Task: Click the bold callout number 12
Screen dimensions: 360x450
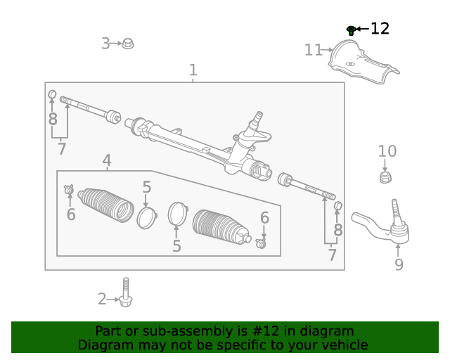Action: pyautogui.click(x=380, y=29)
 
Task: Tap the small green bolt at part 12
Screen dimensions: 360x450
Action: pyautogui.click(x=351, y=30)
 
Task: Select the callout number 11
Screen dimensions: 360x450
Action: pyautogui.click(x=313, y=50)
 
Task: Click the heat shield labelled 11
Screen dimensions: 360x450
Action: pyautogui.click(x=361, y=65)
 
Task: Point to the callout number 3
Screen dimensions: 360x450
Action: pyautogui.click(x=105, y=44)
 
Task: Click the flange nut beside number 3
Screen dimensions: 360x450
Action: pyautogui.click(x=128, y=44)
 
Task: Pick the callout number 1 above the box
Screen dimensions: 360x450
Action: pyautogui.click(x=193, y=70)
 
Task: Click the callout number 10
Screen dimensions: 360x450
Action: pyautogui.click(x=387, y=151)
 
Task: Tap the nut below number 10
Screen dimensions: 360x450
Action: pyautogui.click(x=385, y=176)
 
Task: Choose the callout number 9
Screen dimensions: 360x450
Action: pyautogui.click(x=399, y=265)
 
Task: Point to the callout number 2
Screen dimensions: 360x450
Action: pyautogui.click(x=102, y=300)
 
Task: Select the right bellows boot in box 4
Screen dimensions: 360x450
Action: pyautogui.click(x=220, y=227)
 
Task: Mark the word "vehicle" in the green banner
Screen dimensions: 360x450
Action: pyautogui.click(x=342, y=345)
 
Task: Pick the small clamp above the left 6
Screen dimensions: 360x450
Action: pyautogui.click(x=70, y=189)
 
